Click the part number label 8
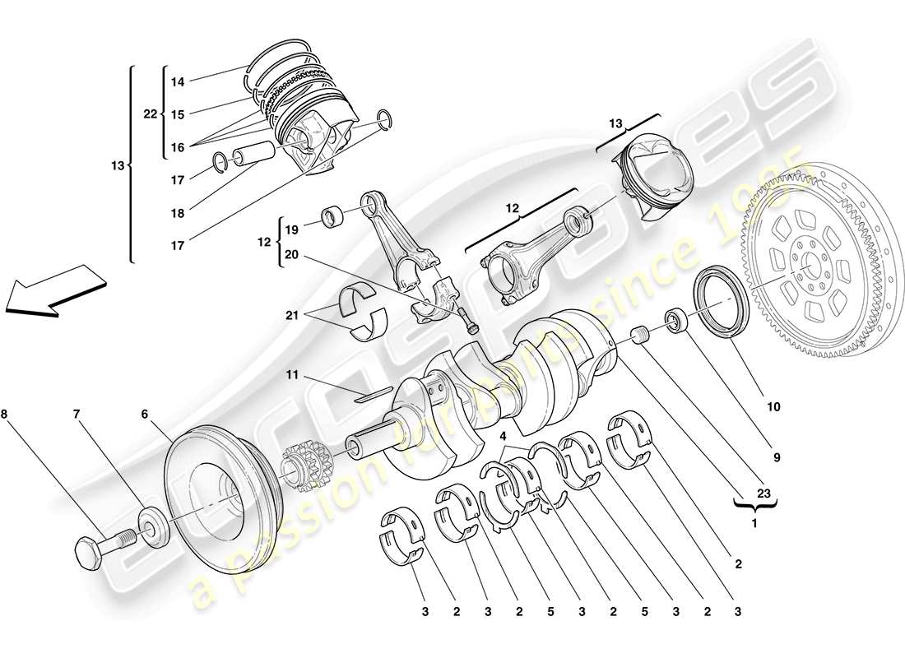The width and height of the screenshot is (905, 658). [7, 414]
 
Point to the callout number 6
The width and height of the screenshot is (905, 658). [145, 414]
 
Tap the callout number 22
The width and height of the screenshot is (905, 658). [150, 115]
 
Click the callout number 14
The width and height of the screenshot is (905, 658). [178, 82]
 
